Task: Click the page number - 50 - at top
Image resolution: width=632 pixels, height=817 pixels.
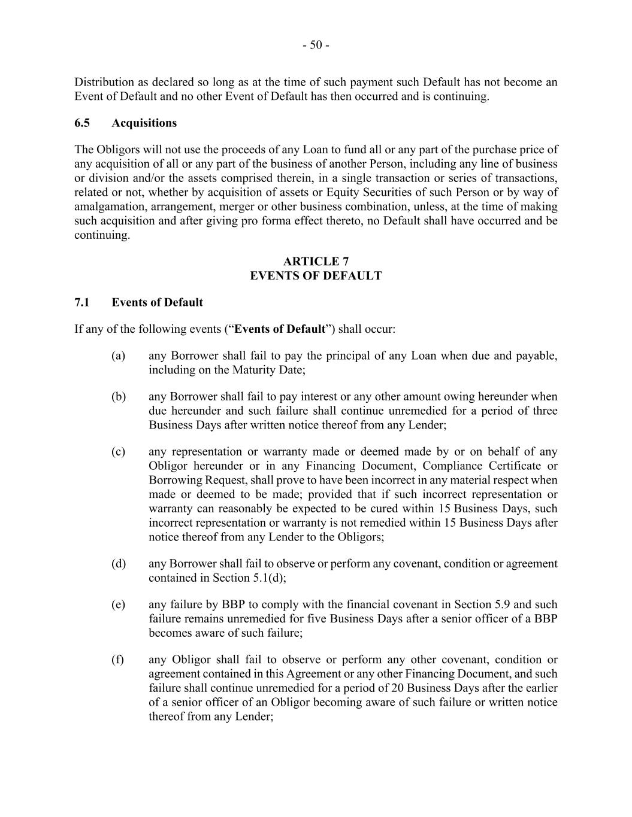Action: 316,45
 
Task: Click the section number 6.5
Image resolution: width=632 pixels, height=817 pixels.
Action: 82,123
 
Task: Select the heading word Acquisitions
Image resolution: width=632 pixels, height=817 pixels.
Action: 144,123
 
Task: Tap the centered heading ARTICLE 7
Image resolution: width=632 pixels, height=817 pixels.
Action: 316,262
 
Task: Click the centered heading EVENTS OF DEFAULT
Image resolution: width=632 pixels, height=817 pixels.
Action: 316,276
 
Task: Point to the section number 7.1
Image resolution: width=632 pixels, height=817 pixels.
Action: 82,303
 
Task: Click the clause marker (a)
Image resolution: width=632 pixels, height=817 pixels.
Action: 118,356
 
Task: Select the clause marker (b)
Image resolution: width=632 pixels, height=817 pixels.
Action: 118,397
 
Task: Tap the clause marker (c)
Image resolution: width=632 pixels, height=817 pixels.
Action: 118,452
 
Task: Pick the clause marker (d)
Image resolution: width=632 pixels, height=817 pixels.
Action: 118,564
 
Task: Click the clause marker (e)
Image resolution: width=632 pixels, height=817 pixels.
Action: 118,605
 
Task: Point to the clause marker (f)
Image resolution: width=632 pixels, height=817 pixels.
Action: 117,660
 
